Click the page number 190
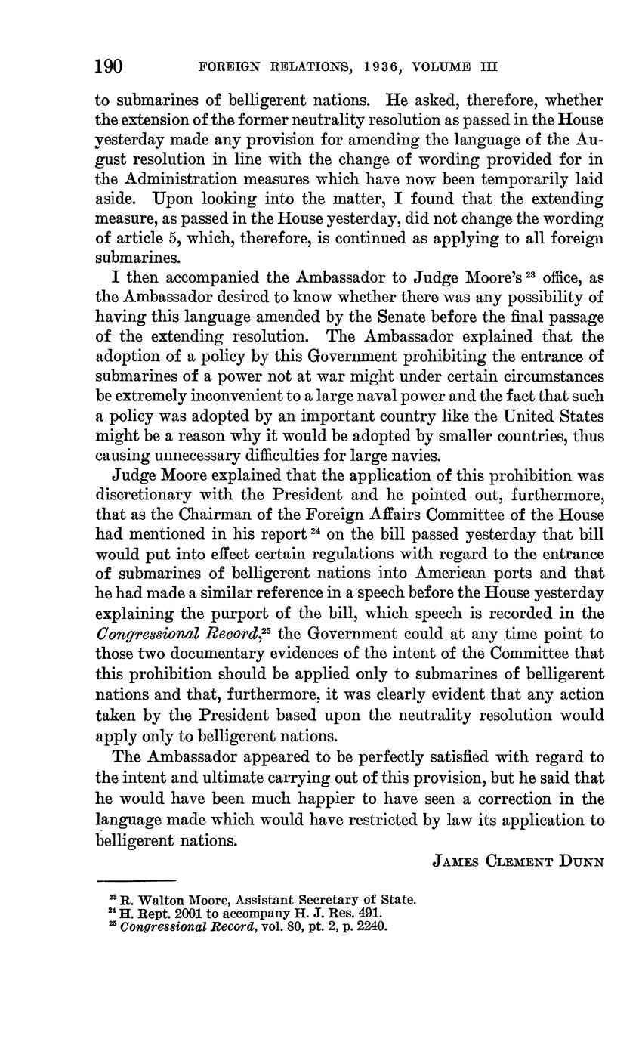point(109,66)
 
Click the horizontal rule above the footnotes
point(135,880)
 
